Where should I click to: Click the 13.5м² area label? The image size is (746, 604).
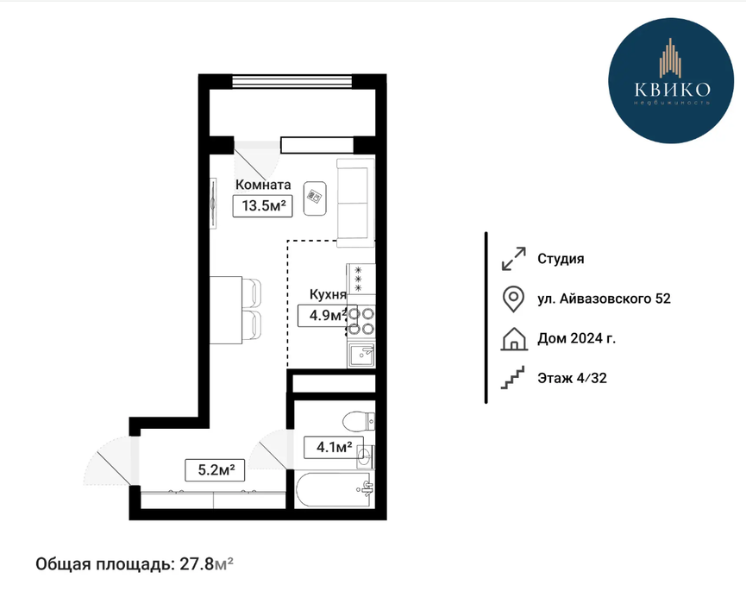pyautogui.click(x=262, y=206)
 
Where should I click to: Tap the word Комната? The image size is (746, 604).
pyautogui.click(x=263, y=184)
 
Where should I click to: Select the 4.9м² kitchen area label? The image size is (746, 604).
pyautogui.click(x=328, y=315)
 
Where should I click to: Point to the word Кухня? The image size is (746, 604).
pyautogui.click(x=328, y=294)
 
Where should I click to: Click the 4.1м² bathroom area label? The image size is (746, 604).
pyautogui.click(x=334, y=447)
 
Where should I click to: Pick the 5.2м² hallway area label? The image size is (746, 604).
pyautogui.click(x=215, y=470)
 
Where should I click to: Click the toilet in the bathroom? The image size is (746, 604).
pyautogui.click(x=359, y=420)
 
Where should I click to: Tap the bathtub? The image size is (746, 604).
pyautogui.click(x=334, y=490)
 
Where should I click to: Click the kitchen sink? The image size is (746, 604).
pyautogui.click(x=361, y=355)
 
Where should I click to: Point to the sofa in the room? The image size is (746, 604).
pyautogui.click(x=356, y=203)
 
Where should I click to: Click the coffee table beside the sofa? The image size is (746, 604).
pyautogui.click(x=315, y=198)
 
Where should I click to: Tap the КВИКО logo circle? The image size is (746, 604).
pyautogui.click(x=671, y=80)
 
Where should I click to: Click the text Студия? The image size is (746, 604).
pyautogui.click(x=561, y=259)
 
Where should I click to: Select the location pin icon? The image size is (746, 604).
pyautogui.click(x=513, y=299)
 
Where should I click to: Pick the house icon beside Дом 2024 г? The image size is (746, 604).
pyautogui.click(x=514, y=339)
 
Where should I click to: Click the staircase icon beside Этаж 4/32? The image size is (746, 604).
pyautogui.click(x=512, y=378)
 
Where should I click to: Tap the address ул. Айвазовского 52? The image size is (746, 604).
pyautogui.click(x=604, y=299)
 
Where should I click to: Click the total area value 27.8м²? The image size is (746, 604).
pyautogui.click(x=206, y=564)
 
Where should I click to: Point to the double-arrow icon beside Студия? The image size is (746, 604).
pyautogui.click(x=514, y=259)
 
